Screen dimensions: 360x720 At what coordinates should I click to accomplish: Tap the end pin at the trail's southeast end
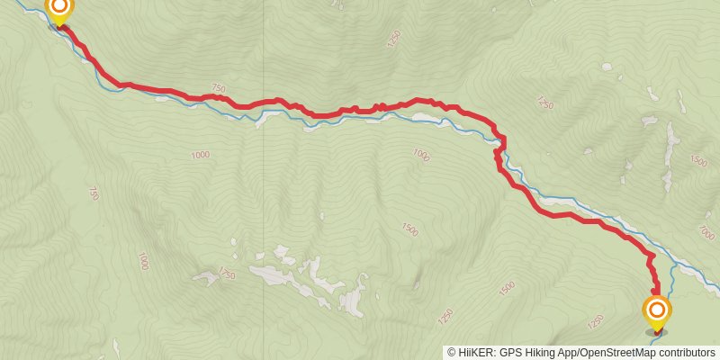(x=657, y=312)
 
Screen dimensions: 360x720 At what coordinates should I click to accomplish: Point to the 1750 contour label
(x=225, y=274)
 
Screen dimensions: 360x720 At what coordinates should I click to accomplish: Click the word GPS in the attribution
(x=508, y=352)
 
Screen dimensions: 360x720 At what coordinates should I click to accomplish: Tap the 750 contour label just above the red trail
(x=217, y=88)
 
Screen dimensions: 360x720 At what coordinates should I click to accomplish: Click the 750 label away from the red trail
(x=94, y=193)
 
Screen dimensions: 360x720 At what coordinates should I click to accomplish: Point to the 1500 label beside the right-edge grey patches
(x=697, y=160)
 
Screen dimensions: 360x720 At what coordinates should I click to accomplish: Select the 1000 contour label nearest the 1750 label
(x=142, y=261)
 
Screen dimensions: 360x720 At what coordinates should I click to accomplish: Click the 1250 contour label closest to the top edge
(x=392, y=39)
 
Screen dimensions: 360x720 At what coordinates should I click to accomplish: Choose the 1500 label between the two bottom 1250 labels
(x=506, y=287)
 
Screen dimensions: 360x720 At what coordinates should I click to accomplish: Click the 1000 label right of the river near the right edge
(x=706, y=232)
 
